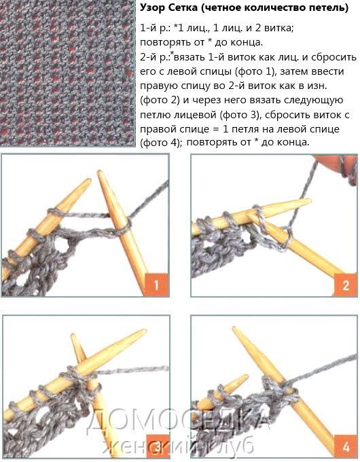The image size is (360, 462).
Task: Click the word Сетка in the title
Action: click(x=183, y=8)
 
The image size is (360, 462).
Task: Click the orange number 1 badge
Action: click(x=157, y=285)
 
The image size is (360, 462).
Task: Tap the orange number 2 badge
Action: click(x=345, y=285)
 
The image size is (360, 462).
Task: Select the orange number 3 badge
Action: click(x=158, y=446)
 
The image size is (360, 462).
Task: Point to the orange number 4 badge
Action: click(x=346, y=446)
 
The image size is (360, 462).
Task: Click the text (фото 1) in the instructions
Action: click(x=257, y=71)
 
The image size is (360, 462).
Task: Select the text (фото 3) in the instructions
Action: click(x=240, y=115)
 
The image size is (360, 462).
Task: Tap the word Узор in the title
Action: click(x=153, y=8)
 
